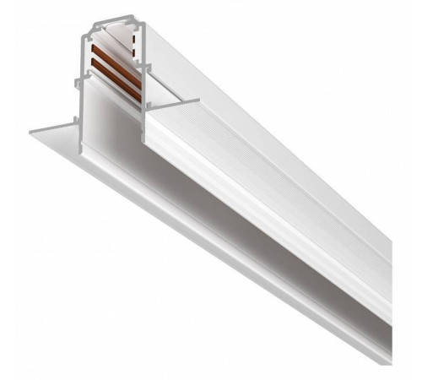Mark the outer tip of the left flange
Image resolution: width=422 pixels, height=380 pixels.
[32, 133]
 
